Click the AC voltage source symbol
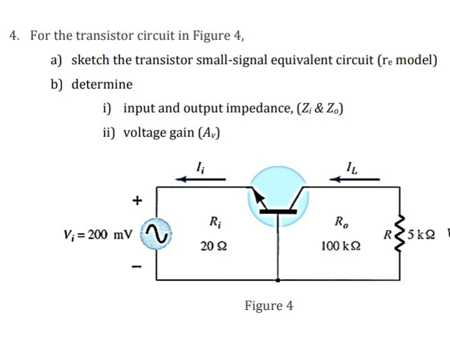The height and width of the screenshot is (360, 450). click(155, 234)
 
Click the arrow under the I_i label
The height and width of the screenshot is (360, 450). click(200, 179)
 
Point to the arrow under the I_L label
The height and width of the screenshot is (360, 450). click(355, 179)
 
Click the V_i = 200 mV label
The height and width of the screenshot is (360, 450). click(98, 235)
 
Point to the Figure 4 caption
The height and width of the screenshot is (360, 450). click(269, 306)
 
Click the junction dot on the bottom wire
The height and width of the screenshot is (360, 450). click(278, 280)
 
